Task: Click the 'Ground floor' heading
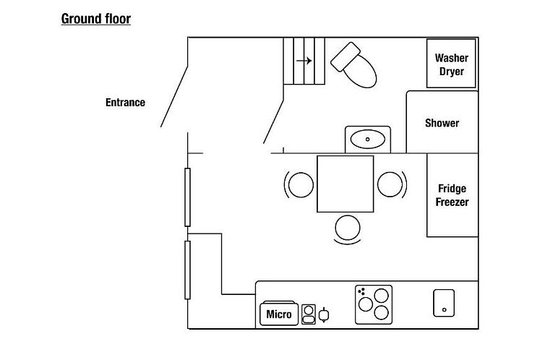click(95, 19)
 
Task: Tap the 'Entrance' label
click(125, 103)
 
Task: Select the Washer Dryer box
click(451, 64)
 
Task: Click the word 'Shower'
click(442, 123)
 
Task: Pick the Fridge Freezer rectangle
click(452, 195)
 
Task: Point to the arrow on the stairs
click(304, 61)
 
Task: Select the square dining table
click(346, 184)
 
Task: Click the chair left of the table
click(299, 184)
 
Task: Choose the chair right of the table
click(390, 184)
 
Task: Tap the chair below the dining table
click(347, 228)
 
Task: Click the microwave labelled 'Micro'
click(279, 314)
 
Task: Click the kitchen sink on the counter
click(443, 302)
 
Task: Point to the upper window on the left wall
click(187, 197)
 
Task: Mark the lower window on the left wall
click(187, 270)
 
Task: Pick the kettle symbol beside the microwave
click(324, 314)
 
